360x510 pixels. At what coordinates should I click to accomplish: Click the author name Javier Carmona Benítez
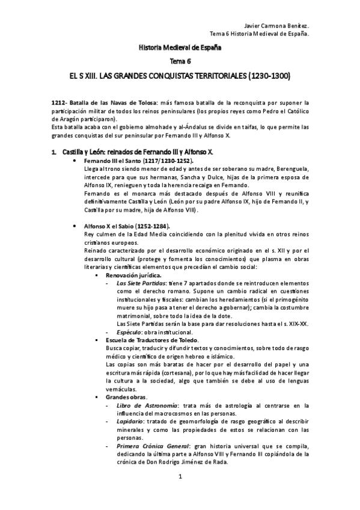pos(278,26)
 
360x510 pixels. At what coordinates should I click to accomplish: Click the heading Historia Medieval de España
pos(180,47)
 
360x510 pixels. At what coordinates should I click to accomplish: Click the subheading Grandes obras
pos(126,397)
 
